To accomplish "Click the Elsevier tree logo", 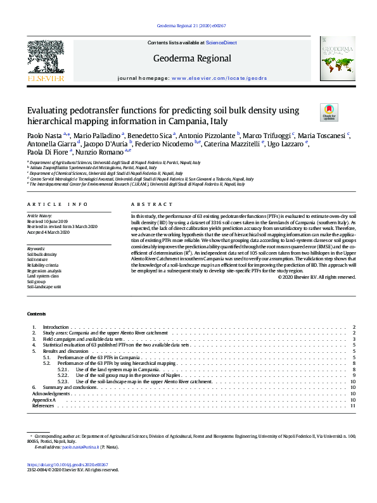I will coord(45,58).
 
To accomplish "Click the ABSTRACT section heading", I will coord(151,205).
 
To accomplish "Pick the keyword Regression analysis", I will coord(45,271).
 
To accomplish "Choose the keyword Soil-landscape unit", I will coord(44,287).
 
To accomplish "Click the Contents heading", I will coord(36,314).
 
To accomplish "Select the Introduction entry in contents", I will coord(55,327).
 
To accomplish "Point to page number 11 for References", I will coord(353,405).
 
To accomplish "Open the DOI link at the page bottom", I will coord(63,464).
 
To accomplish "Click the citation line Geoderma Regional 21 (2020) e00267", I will coord(190,26).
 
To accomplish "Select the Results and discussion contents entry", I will coord(65,351).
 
